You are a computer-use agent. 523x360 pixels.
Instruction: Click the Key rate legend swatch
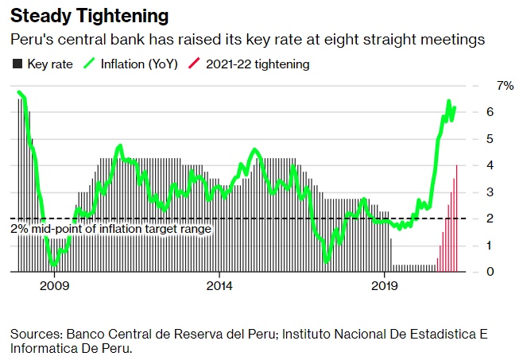coord(17,64)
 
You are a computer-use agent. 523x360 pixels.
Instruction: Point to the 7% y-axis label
coord(505,85)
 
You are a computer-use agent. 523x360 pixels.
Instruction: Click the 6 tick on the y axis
coord(501,112)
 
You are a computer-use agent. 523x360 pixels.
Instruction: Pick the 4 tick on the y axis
coord(501,165)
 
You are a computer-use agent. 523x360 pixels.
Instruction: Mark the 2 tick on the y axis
coord(501,219)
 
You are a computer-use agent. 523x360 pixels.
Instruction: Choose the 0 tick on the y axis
coord(501,272)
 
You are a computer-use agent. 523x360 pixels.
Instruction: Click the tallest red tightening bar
coord(456,219)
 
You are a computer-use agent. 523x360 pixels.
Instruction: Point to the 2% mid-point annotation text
coord(111,229)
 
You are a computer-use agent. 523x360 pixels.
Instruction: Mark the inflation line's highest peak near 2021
coord(449,103)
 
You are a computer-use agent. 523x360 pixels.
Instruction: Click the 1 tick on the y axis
coord(501,246)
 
